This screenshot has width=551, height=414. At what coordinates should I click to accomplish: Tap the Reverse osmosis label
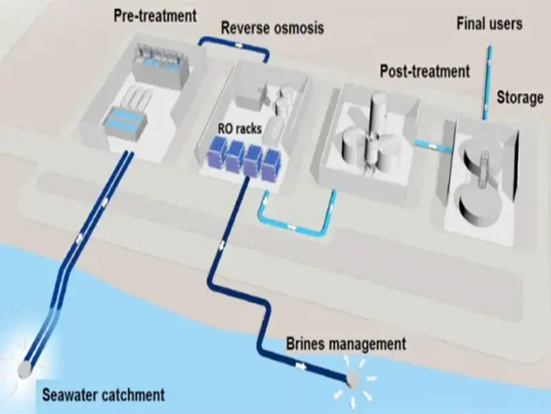click(272, 28)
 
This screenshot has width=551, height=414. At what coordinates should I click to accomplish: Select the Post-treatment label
click(424, 70)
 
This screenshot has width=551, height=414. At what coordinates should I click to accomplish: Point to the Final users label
click(489, 24)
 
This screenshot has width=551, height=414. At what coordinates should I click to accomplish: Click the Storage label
click(520, 97)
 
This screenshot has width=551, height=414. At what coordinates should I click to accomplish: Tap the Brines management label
click(346, 343)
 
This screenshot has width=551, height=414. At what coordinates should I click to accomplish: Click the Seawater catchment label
click(103, 395)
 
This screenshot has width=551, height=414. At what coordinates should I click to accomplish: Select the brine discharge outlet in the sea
click(355, 379)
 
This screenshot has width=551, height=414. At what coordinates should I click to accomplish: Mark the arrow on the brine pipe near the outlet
click(301, 366)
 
